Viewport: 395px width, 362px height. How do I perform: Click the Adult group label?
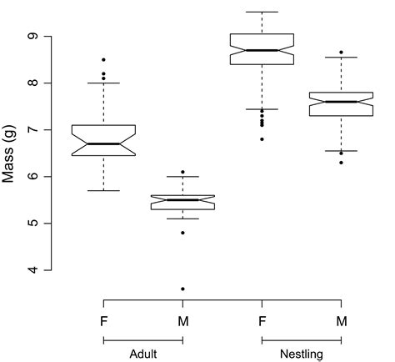point(143,354)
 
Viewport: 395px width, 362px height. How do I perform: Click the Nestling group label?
point(301,354)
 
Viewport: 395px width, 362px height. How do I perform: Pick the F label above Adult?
point(103,320)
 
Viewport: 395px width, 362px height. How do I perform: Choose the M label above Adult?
point(182,320)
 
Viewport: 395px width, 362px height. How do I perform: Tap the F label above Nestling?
point(262,320)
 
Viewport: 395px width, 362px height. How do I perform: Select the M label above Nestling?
point(341,320)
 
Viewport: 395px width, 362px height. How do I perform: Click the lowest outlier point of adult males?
point(182,289)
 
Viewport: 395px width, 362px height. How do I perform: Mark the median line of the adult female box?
point(103,143)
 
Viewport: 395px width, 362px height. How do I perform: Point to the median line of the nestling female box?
point(262,50)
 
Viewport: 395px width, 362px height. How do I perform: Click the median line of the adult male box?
point(182,200)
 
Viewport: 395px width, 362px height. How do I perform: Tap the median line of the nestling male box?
point(341,102)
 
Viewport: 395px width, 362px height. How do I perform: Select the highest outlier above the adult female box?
point(103,60)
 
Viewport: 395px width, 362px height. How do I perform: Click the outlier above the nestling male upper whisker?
point(341,53)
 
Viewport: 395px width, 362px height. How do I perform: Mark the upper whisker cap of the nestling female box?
point(262,12)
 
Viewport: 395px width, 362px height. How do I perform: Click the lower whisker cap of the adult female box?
point(103,190)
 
